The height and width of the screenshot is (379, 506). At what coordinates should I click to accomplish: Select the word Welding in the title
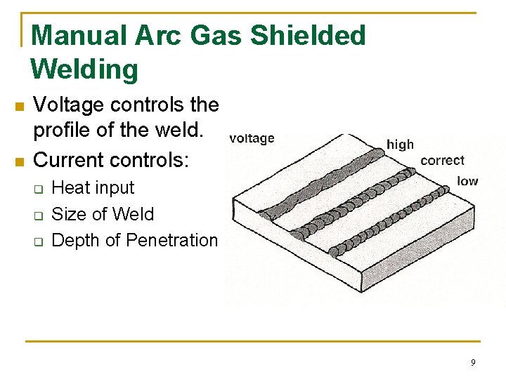point(84,69)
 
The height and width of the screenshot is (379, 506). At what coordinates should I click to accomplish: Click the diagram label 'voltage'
point(252,138)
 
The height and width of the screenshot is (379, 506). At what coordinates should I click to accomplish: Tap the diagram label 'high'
point(400,144)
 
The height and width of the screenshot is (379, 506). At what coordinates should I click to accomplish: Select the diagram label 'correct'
point(442,160)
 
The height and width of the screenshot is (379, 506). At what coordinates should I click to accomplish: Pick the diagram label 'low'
point(467,180)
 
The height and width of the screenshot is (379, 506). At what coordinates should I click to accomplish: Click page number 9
point(472,362)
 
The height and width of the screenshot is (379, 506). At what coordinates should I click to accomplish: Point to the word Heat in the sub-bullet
point(70,188)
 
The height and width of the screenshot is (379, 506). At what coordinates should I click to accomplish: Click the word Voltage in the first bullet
point(69,105)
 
